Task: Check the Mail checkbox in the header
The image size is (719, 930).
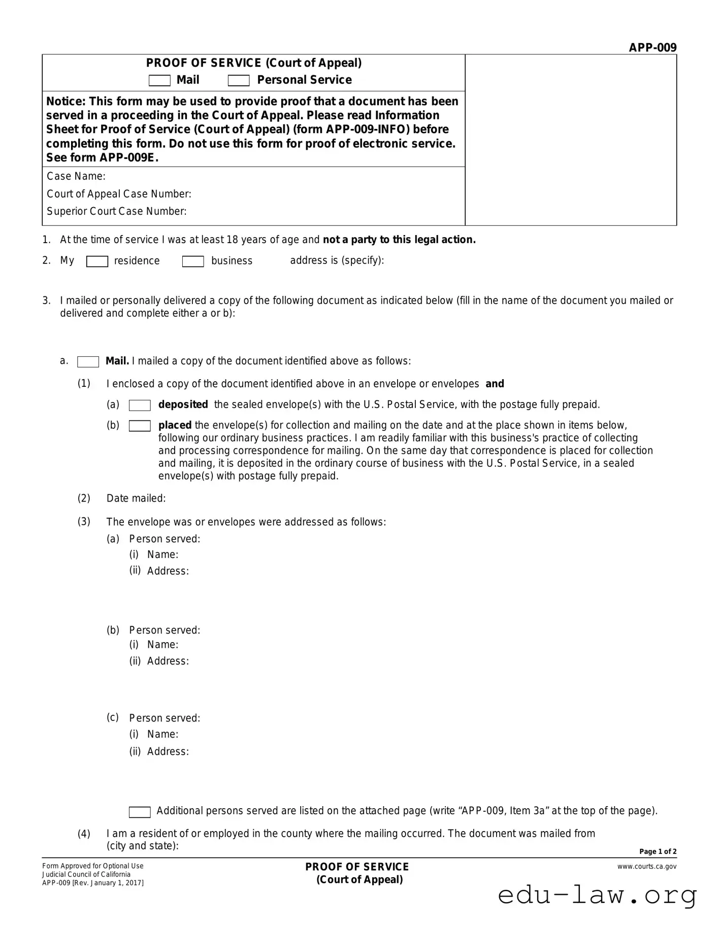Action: click(x=159, y=81)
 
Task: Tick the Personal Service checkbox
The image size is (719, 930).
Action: click(x=239, y=81)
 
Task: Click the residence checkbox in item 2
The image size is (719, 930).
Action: click(x=97, y=261)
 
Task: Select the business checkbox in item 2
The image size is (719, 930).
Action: click(x=193, y=261)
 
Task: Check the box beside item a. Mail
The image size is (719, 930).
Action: click(x=88, y=362)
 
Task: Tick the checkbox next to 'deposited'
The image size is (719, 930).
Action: click(x=140, y=405)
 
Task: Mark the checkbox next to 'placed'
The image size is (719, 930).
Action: click(x=140, y=426)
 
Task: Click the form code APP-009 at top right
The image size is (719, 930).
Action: click(x=652, y=48)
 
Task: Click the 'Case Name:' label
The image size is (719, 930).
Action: click(x=76, y=177)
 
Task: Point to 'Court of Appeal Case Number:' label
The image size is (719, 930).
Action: click(x=119, y=194)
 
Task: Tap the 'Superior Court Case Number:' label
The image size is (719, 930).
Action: click(x=116, y=211)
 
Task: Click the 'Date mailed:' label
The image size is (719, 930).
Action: click(x=136, y=499)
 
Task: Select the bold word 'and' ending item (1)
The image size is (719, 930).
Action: click(x=495, y=384)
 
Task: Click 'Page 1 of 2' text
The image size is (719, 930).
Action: click(x=658, y=851)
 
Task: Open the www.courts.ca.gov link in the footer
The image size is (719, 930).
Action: click(x=647, y=867)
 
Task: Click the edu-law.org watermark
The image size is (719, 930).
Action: click(x=597, y=895)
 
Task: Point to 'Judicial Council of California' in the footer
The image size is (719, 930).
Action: click(x=86, y=874)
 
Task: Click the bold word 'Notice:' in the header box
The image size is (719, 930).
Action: click(x=66, y=102)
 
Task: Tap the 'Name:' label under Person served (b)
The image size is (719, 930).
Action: click(x=162, y=645)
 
